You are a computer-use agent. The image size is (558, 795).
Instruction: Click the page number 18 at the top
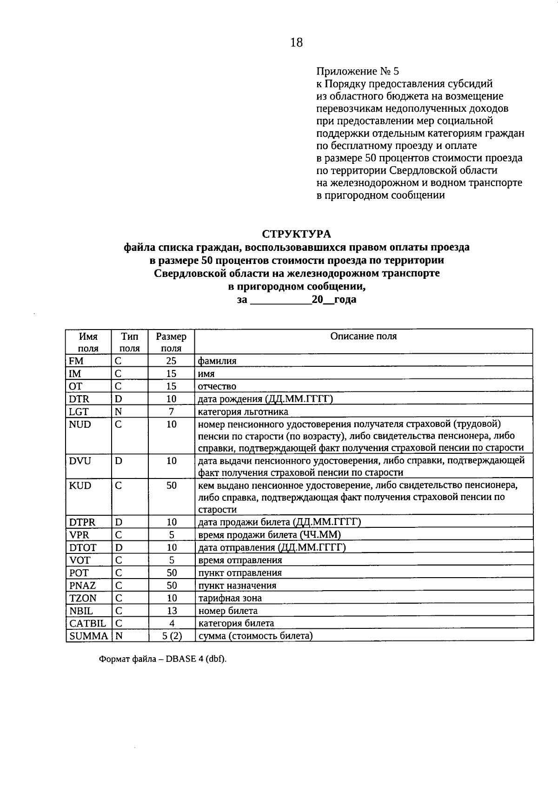coord(296,42)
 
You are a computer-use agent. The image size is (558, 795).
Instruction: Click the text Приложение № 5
coord(357,71)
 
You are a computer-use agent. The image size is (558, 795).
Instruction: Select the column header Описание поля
coord(363,337)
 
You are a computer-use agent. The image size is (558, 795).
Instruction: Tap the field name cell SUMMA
coord(88,636)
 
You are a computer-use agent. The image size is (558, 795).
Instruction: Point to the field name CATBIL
coord(87,623)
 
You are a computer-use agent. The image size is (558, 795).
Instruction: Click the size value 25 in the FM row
coord(171,361)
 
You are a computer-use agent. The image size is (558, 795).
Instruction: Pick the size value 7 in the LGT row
coord(171,411)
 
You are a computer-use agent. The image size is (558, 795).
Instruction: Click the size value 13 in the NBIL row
coord(171,611)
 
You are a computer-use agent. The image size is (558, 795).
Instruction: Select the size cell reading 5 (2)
coord(171,636)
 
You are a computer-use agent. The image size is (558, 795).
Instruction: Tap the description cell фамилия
coord(217,361)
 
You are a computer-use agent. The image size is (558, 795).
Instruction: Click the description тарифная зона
coord(230,598)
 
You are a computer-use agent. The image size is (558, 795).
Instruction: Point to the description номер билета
coord(228,611)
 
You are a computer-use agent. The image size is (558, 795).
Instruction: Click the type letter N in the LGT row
coord(119,411)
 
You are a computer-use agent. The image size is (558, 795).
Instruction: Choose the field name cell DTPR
coord(82,522)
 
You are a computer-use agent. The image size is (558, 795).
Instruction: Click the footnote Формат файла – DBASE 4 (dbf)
coord(163,660)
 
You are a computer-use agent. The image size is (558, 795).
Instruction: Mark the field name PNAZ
coord(82,586)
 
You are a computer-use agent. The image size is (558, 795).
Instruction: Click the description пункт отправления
coord(240,573)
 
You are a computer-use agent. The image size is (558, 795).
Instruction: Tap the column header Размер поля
coord(171,342)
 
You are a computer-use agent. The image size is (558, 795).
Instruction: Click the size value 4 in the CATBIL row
coord(171,623)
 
